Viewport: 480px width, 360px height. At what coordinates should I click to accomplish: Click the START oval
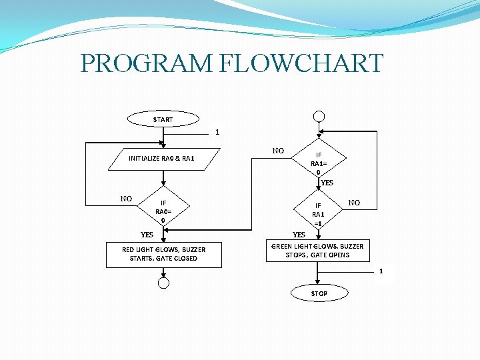(x=163, y=120)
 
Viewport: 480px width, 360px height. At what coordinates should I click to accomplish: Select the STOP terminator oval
(x=319, y=293)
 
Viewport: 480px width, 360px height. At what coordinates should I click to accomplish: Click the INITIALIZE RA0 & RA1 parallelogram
(x=161, y=159)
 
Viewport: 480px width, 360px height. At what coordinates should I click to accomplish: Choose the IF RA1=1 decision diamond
(x=318, y=214)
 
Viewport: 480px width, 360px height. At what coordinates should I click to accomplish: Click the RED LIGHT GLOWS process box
(x=163, y=254)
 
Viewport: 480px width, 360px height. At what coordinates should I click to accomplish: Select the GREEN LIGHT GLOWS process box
(x=317, y=251)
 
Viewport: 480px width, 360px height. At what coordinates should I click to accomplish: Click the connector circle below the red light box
(x=163, y=283)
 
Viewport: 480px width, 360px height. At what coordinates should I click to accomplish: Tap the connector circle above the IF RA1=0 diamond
(x=319, y=116)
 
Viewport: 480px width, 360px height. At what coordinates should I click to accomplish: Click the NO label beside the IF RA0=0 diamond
(x=126, y=198)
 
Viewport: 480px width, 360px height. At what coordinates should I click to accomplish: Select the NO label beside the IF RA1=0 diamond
(x=279, y=151)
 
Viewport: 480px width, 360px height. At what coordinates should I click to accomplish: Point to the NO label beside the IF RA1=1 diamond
(x=354, y=202)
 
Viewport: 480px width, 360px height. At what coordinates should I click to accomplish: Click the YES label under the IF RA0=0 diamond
(x=147, y=235)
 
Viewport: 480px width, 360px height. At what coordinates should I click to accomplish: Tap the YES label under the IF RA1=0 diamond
(x=327, y=183)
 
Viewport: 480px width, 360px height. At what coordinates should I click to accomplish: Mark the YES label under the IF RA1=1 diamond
(x=299, y=235)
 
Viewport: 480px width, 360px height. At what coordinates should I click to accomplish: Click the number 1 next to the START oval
(x=217, y=132)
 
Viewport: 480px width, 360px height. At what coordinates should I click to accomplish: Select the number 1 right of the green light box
(x=381, y=271)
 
